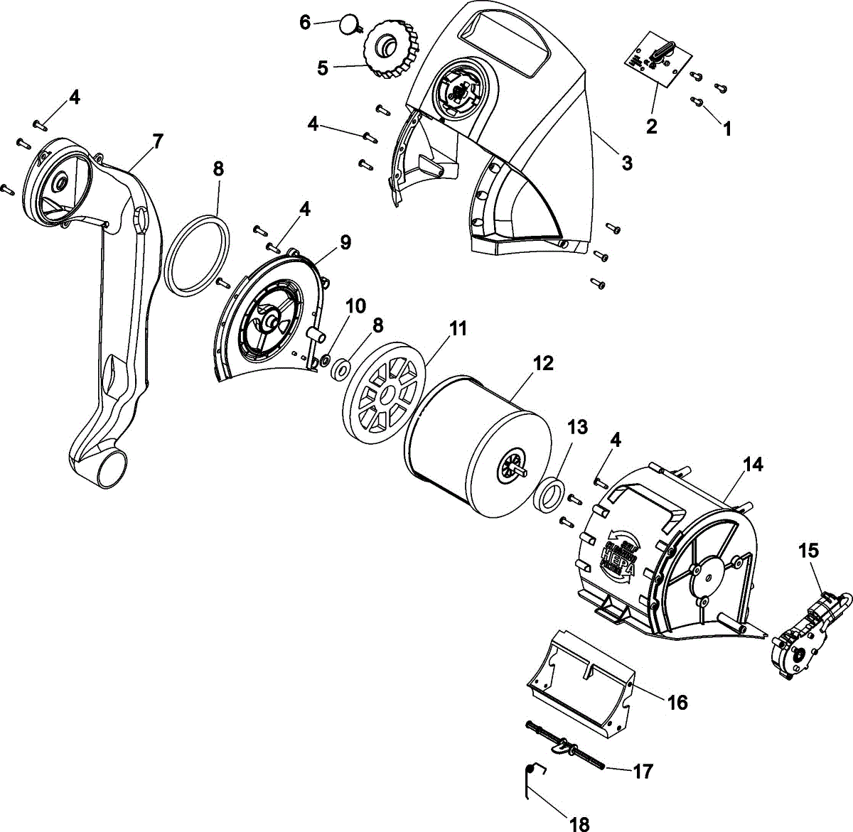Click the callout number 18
click(580, 824)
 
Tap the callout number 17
click(643, 771)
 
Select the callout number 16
click(677, 702)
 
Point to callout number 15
click(808, 551)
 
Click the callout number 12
click(543, 364)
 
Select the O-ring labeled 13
click(549, 495)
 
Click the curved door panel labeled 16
click(579, 686)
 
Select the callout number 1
click(726, 129)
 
